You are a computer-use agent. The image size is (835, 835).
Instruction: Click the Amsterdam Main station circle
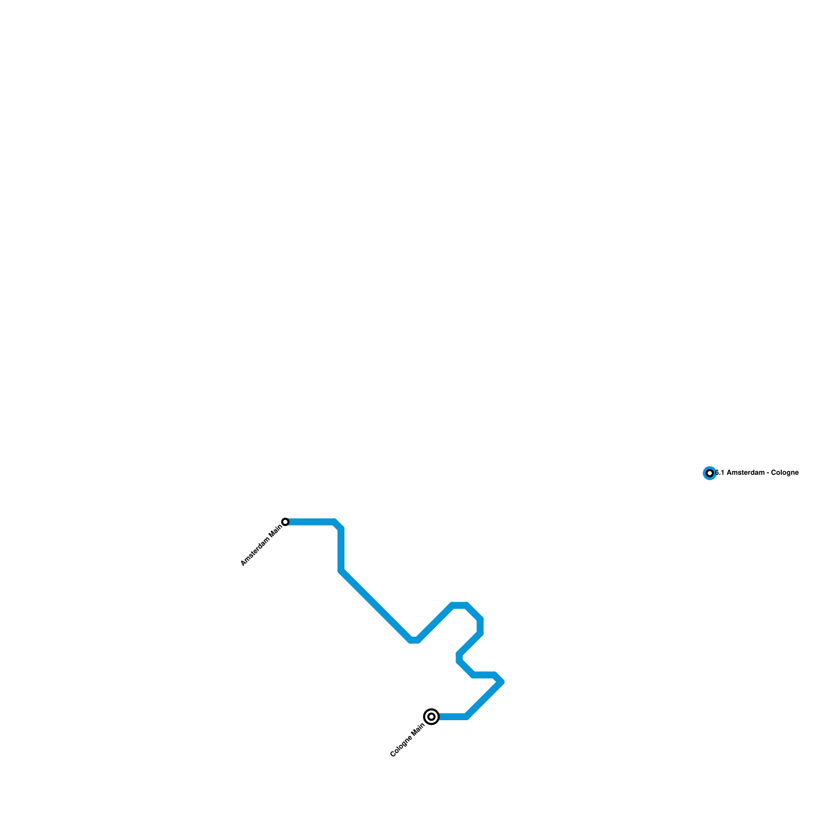285,522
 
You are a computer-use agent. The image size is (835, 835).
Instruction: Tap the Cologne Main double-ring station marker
431,717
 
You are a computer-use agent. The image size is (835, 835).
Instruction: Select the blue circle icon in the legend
709,473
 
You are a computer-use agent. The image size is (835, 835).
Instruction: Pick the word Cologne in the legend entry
785,473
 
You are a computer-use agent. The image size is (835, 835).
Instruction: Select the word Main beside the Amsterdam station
276,531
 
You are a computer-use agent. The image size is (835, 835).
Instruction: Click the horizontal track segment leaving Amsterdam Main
311,522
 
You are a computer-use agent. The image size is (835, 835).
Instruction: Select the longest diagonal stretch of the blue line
376,605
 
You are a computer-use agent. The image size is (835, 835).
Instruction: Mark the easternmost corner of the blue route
502,682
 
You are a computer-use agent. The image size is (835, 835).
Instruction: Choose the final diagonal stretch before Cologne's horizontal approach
484,699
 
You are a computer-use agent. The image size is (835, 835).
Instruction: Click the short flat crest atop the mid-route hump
459,605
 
